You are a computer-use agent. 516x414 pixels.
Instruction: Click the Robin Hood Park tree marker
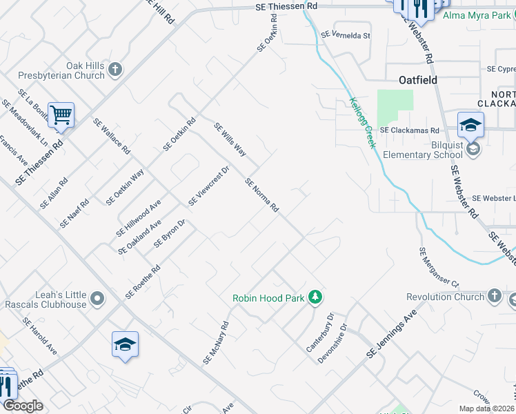(315, 297)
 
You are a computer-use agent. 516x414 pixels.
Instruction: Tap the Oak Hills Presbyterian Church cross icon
(115, 69)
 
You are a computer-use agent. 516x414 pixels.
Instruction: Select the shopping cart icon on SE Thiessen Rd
(61, 115)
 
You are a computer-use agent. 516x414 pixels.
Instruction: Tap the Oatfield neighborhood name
(418, 80)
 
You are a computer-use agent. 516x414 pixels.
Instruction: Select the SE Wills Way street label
(230, 139)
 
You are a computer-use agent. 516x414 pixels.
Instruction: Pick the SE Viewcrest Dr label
(208, 186)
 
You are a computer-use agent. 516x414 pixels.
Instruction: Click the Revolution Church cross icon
(494, 297)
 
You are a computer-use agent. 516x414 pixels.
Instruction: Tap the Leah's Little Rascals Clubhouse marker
(97, 299)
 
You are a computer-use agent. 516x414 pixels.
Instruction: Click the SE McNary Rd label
(216, 342)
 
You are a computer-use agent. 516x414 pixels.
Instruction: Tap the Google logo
(23, 406)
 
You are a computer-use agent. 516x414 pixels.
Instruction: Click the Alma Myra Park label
(476, 15)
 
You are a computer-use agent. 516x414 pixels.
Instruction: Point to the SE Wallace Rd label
(111, 137)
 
